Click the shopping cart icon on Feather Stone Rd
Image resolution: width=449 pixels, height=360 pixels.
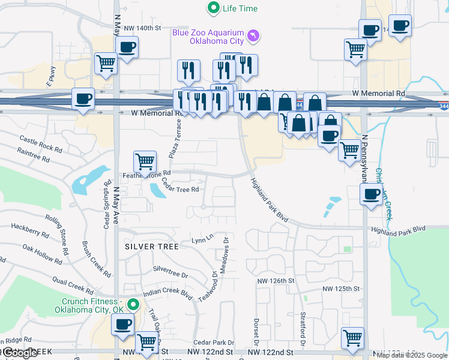(x=145, y=161)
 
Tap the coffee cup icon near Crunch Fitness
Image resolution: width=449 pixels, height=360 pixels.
(x=124, y=324)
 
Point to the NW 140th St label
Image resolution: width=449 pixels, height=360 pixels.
(x=142, y=28)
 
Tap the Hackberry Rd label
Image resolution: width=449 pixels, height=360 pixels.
(x=29, y=230)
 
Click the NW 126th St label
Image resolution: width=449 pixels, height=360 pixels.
(x=276, y=280)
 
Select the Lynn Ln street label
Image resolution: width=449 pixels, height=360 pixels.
(x=202, y=239)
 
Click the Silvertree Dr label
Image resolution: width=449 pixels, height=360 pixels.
(x=170, y=272)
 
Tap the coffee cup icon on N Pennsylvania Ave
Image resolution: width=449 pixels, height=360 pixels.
(x=371, y=194)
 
